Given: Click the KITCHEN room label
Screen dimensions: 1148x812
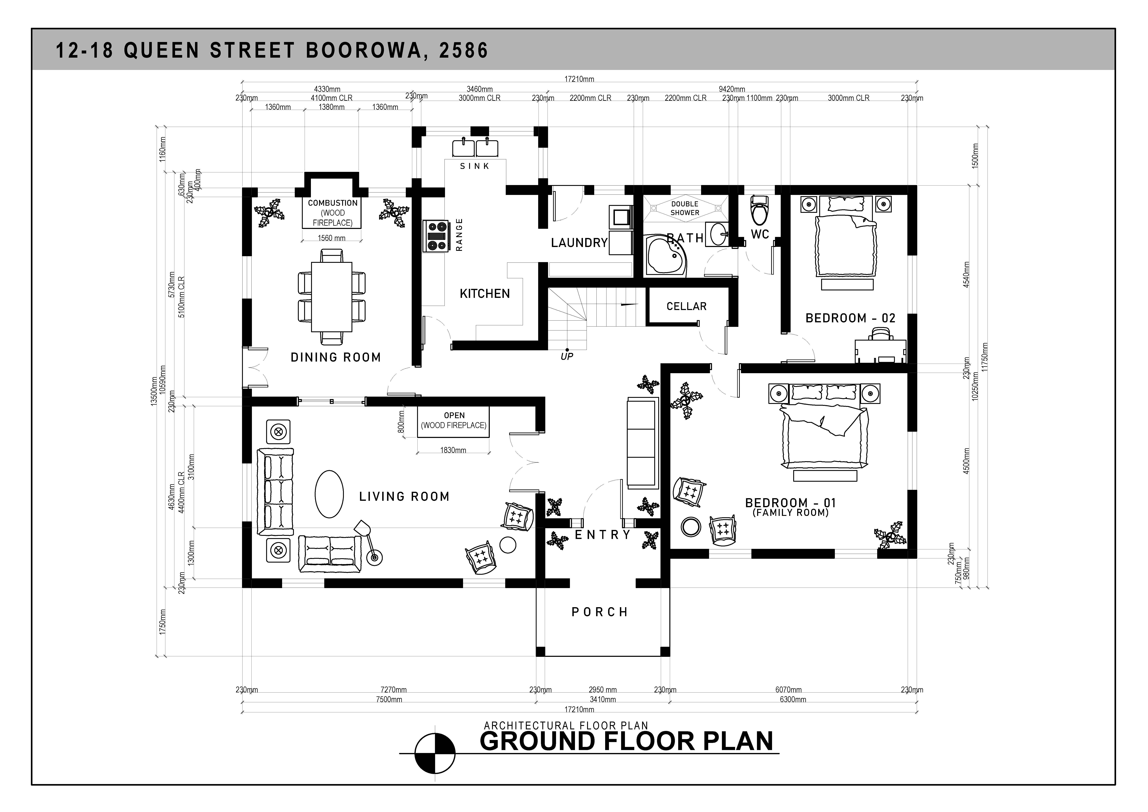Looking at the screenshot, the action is point(485,294).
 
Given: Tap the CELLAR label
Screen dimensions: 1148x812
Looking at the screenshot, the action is point(687,306).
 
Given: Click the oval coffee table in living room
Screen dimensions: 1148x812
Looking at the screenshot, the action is point(329,494).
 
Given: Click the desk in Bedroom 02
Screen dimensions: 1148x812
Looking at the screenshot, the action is point(880,350).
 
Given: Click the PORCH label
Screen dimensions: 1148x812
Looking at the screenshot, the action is point(599,612).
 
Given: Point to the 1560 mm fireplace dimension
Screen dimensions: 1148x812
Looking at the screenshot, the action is point(332,238).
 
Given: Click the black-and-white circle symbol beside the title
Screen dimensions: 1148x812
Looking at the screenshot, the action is point(435,753).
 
